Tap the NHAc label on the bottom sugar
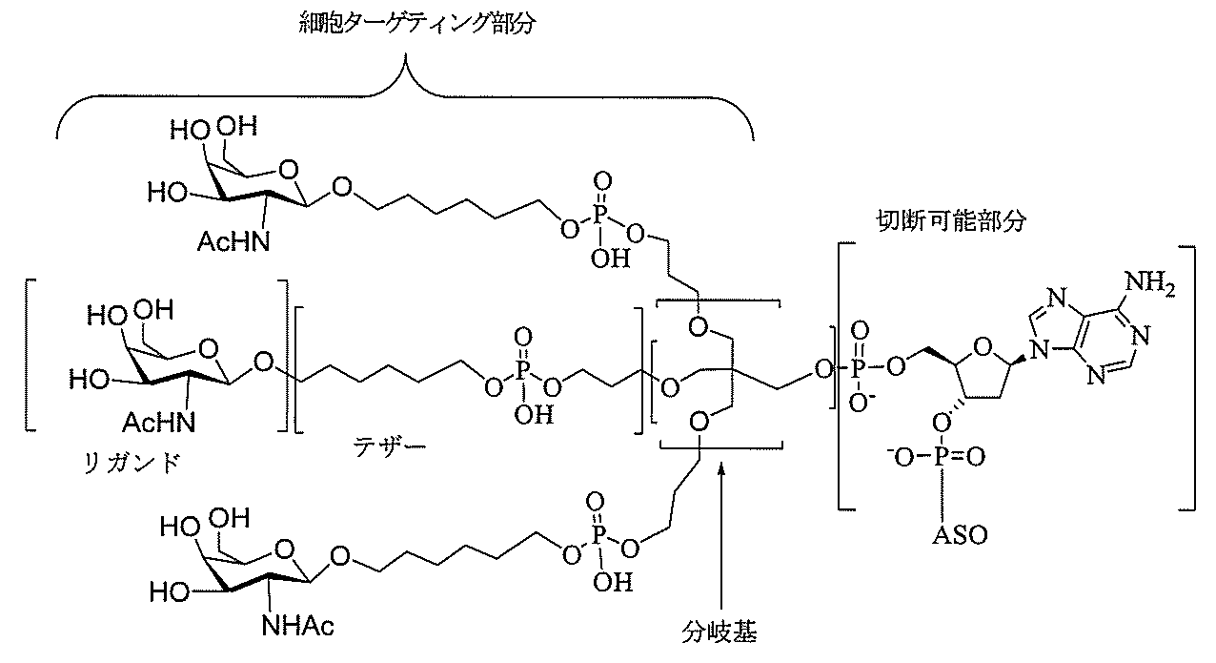pyautogui.click(x=297, y=627)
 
